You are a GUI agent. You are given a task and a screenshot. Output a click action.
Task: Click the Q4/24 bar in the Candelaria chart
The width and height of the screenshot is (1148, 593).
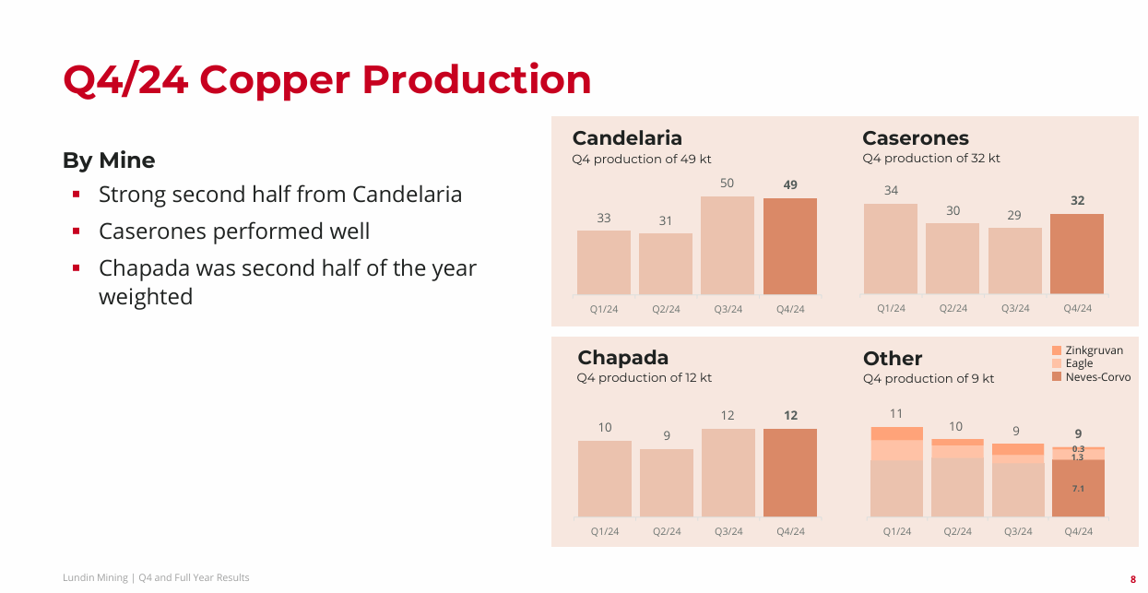790,246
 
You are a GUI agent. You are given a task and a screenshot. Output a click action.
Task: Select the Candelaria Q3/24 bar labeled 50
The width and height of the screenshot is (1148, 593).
728,245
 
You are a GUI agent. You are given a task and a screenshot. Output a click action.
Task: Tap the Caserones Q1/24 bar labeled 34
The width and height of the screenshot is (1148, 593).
891,249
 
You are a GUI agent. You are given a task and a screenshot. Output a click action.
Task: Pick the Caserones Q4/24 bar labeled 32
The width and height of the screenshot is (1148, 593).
1077,254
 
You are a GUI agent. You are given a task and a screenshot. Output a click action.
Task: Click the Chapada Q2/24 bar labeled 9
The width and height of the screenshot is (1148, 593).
667,482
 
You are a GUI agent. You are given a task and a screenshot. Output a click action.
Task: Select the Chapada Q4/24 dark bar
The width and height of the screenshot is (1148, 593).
790,472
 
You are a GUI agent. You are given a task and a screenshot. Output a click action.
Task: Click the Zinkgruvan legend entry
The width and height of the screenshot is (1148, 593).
1094,350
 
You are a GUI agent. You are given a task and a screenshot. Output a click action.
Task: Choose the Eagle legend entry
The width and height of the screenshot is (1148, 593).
1079,363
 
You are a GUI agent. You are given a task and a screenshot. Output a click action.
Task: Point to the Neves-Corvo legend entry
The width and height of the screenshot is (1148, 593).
1097,377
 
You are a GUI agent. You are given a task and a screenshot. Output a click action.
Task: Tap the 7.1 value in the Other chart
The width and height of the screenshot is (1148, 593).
1078,488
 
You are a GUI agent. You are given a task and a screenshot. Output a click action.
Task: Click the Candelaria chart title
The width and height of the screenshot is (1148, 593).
627,138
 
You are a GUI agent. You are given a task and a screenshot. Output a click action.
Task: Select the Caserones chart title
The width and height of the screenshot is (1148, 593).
916,138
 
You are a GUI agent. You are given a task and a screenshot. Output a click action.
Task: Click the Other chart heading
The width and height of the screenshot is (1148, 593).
893,358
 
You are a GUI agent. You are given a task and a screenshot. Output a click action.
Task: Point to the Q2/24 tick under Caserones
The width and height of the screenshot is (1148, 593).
953,308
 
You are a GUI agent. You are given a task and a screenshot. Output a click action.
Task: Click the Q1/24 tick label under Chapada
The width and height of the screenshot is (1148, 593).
605,531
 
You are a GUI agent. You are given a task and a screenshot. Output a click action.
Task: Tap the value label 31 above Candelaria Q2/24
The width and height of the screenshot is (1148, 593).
666,220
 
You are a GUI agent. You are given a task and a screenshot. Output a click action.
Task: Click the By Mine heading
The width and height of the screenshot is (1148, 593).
109,160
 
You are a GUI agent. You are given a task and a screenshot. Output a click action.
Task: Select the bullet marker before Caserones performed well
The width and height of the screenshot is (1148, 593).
77,231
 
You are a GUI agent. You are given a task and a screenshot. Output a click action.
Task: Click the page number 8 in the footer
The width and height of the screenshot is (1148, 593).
1132,579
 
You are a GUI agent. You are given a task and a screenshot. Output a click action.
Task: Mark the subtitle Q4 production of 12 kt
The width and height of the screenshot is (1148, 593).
645,378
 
